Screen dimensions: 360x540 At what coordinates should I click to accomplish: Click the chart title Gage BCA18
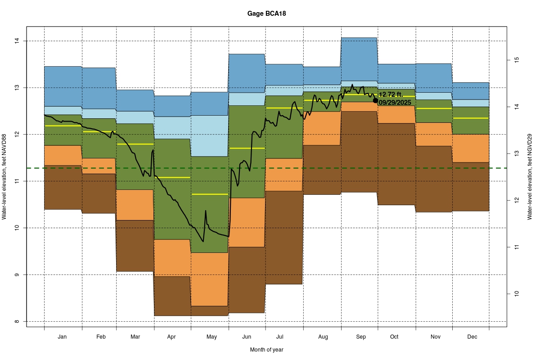pyautogui.click(x=266, y=13)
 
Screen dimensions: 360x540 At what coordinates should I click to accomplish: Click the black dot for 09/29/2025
pyautogui.click(x=376, y=100)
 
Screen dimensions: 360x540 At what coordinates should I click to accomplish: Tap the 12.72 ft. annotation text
pyautogui.click(x=391, y=95)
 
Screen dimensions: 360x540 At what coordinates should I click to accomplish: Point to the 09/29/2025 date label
pyautogui.click(x=395, y=103)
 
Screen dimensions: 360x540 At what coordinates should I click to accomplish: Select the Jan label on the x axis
pyautogui.click(x=63, y=337)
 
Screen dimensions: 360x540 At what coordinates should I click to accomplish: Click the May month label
pyautogui.click(x=211, y=337)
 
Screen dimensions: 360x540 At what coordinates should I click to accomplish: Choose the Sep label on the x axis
pyautogui.click(x=361, y=337)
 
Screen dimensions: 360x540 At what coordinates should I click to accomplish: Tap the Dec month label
pyautogui.click(x=472, y=337)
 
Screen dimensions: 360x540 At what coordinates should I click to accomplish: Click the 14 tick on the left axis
pyautogui.click(x=18, y=41)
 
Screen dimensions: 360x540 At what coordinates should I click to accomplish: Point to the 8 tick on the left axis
pyautogui.click(x=18, y=321)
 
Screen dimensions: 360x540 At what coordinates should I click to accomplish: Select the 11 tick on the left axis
pyautogui.click(x=18, y=181)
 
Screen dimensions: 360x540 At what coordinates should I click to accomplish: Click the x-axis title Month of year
pyautogui.click(x=266, y=350)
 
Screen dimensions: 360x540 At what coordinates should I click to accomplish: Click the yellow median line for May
pyautogui.click(x=210, y=194)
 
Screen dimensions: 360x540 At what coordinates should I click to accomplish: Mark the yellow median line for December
pyautogui.click(x=471, y=118)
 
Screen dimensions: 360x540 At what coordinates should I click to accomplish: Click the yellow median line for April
pyautogui.click(x=172, y=178)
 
